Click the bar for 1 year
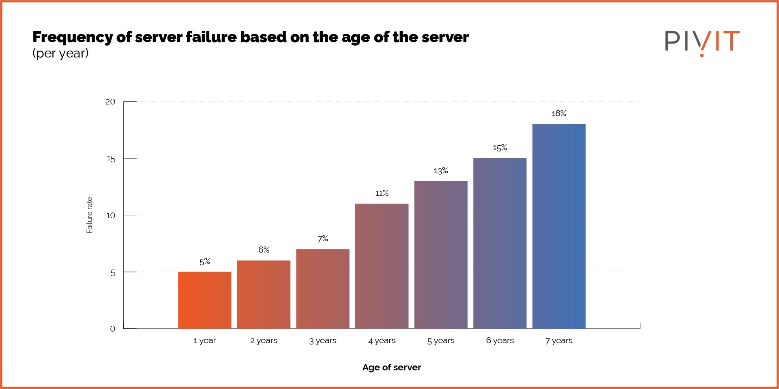(204, 300)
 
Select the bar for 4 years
(382, 266)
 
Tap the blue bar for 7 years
(558, 226)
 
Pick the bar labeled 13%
(440, 255)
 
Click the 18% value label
(558, 114)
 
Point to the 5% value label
(204, 261)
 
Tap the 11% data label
(382, 193)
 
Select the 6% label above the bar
(264, 250)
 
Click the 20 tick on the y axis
(110, 102)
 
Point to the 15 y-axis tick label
(111, 159)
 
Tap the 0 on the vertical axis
(113, 329)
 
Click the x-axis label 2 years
(264, 341)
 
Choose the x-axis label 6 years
(500, 341)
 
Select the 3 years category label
(322, 341)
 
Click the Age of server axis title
(391, 368)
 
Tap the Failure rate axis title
(90, 215)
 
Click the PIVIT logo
(702, 42)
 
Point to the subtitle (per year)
(60, 53)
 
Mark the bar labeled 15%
(500, 243)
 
